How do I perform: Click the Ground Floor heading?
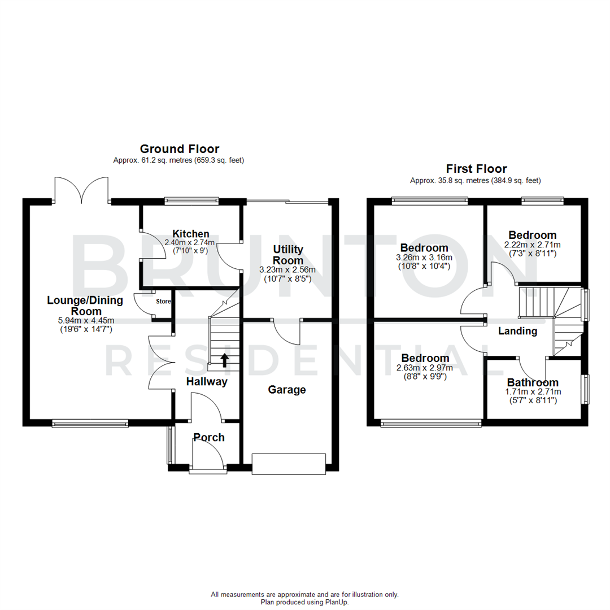(179, 149)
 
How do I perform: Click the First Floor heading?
(476, 168)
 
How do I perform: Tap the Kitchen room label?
(191, 234)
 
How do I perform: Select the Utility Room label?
(288, 255)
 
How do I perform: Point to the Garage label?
(287, 390)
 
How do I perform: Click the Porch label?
(209, 437)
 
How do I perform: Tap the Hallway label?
(207, 382)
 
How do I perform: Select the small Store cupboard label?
(163, 302)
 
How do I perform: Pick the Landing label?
(517, 332)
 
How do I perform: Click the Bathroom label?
(533, 382)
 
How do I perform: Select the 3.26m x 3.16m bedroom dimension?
(425, 258)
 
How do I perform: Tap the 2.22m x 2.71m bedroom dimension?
(532, 245)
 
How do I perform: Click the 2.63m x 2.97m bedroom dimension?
(425, 368)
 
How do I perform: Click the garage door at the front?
(289, 464)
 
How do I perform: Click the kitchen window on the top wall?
(191, 200)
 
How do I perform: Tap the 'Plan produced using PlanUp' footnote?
(304, 602)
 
